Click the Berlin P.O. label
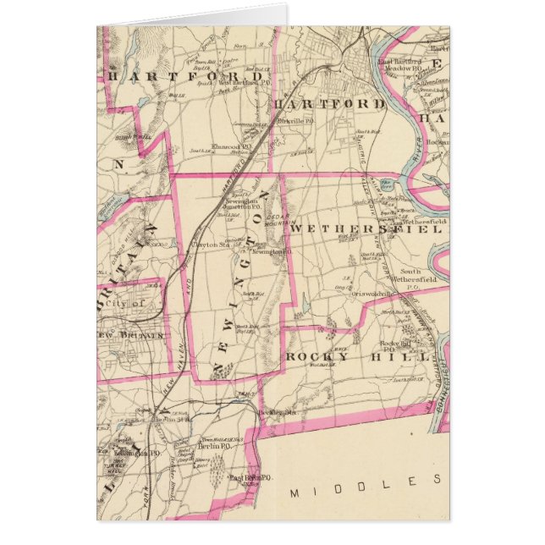[x=213, y=445]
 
